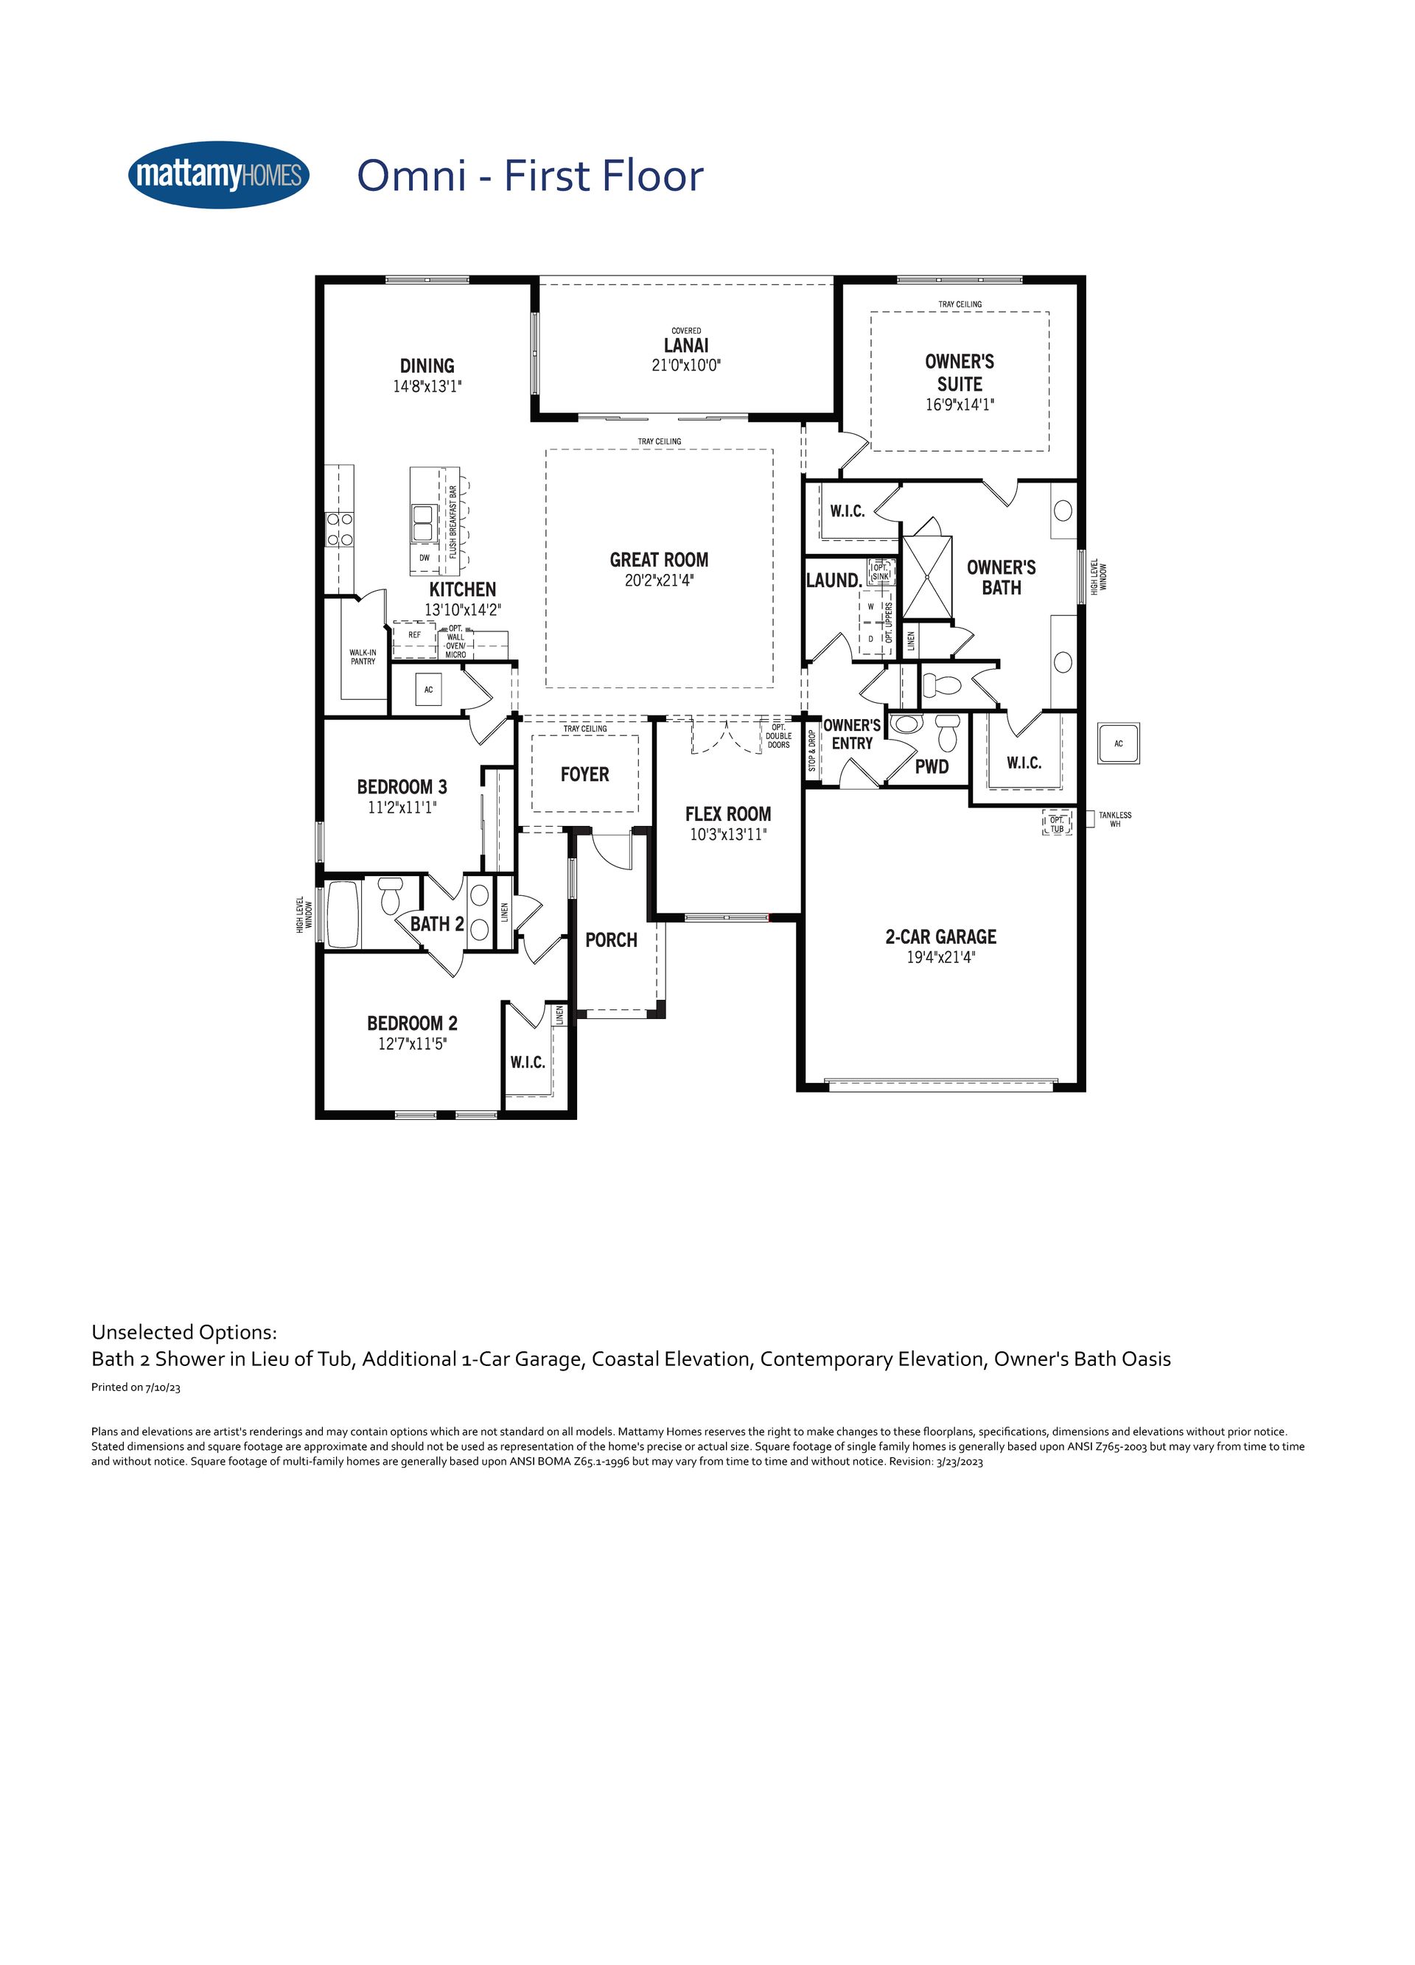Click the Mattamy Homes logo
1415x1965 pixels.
[218, 175]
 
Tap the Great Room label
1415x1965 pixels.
[659, 560]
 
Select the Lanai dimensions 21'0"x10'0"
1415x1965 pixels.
[686, 365]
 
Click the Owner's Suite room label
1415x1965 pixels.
[960, 373]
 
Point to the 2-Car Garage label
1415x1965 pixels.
[940, 936]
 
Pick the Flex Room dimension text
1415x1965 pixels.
[728, 834]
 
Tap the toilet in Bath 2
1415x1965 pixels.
[390, 895]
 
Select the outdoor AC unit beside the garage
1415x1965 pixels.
[1119, 743]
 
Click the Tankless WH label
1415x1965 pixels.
[1114, 819]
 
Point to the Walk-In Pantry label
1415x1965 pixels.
[363, 656]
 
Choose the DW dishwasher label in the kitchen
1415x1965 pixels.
[424, 558]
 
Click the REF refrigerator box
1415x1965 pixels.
[414, 637]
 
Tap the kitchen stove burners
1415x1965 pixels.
[339, 528]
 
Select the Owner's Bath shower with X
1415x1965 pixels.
[927, 577]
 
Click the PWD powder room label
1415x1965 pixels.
[932, 766]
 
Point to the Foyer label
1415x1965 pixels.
[585, 774]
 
